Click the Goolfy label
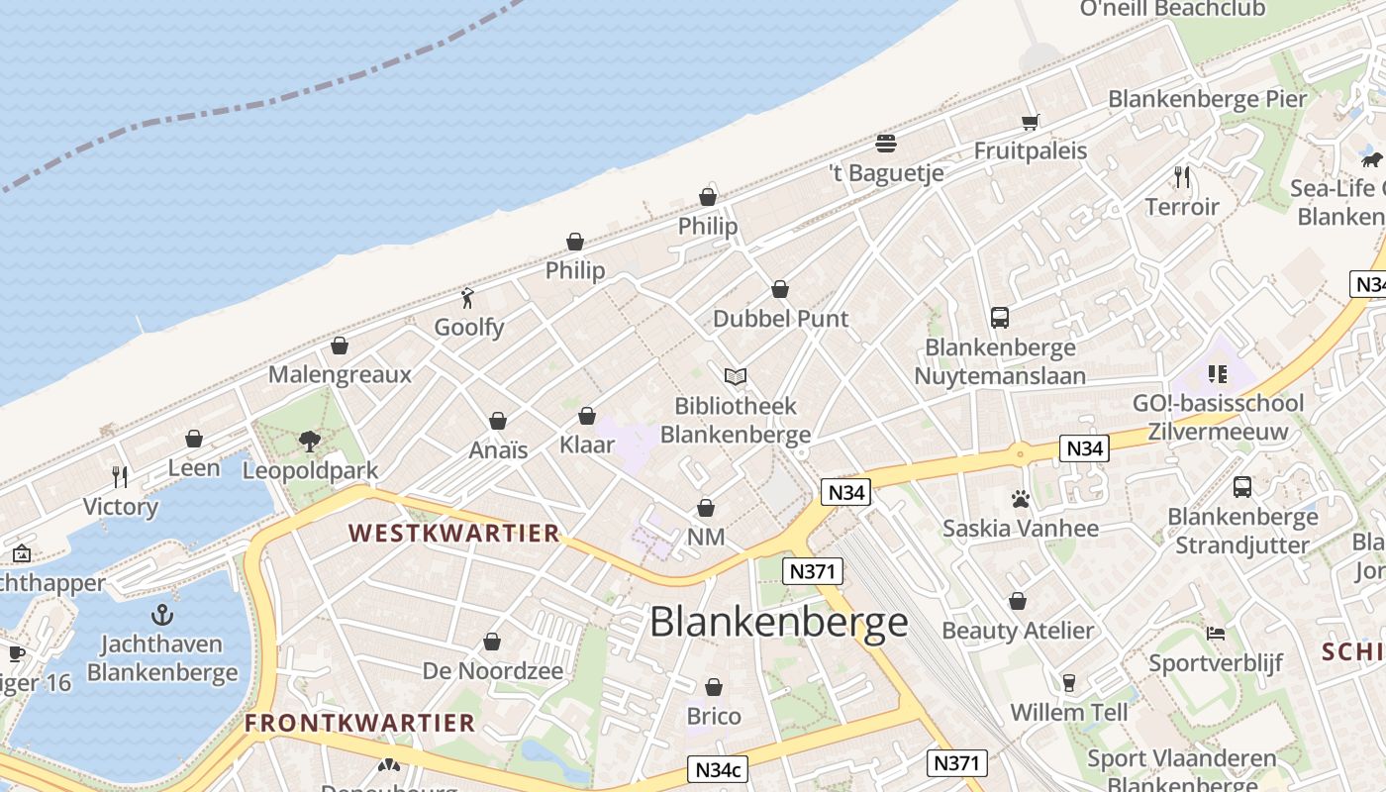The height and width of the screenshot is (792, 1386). (469, 327)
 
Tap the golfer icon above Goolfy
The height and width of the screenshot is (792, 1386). (468, 297)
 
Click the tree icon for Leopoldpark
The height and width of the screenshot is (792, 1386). (310, 441)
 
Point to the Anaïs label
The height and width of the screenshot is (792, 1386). (498, 449)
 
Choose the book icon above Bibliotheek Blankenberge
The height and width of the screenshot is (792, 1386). (735, 376)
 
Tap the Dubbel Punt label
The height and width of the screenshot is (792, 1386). (780, 319)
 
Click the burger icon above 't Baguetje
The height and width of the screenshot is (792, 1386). (886, 143)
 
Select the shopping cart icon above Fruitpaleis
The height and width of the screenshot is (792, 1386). (1031, 122)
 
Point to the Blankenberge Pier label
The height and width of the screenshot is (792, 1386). (1207, 99)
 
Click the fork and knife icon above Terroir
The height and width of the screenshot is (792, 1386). (1181, 177)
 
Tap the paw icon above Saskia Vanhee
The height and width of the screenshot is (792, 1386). (1020, 499)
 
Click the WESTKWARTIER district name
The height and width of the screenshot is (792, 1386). (454, 534)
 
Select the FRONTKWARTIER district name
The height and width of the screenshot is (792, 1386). (360, 723)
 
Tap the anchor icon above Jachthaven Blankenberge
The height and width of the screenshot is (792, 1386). (162, 615)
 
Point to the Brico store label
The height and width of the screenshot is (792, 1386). (713, 716)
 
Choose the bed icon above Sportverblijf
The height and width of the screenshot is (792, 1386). (1216, 634)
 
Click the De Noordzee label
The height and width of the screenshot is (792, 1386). (492, 670)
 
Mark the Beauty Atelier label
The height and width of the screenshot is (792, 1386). (1018, 631)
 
